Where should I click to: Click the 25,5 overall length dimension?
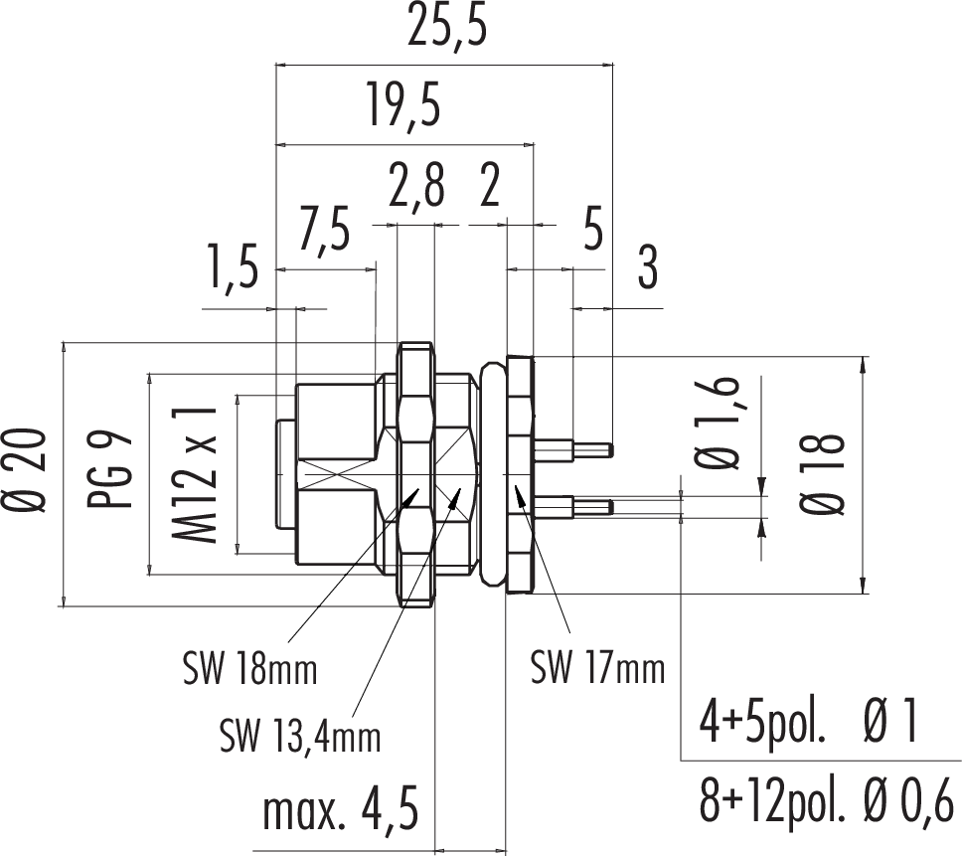coord(449,30)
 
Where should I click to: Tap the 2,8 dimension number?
coord(416,187)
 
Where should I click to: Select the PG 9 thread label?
coord(117,471)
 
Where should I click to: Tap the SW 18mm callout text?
coord(249,669)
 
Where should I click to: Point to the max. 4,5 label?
coord(339,810)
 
